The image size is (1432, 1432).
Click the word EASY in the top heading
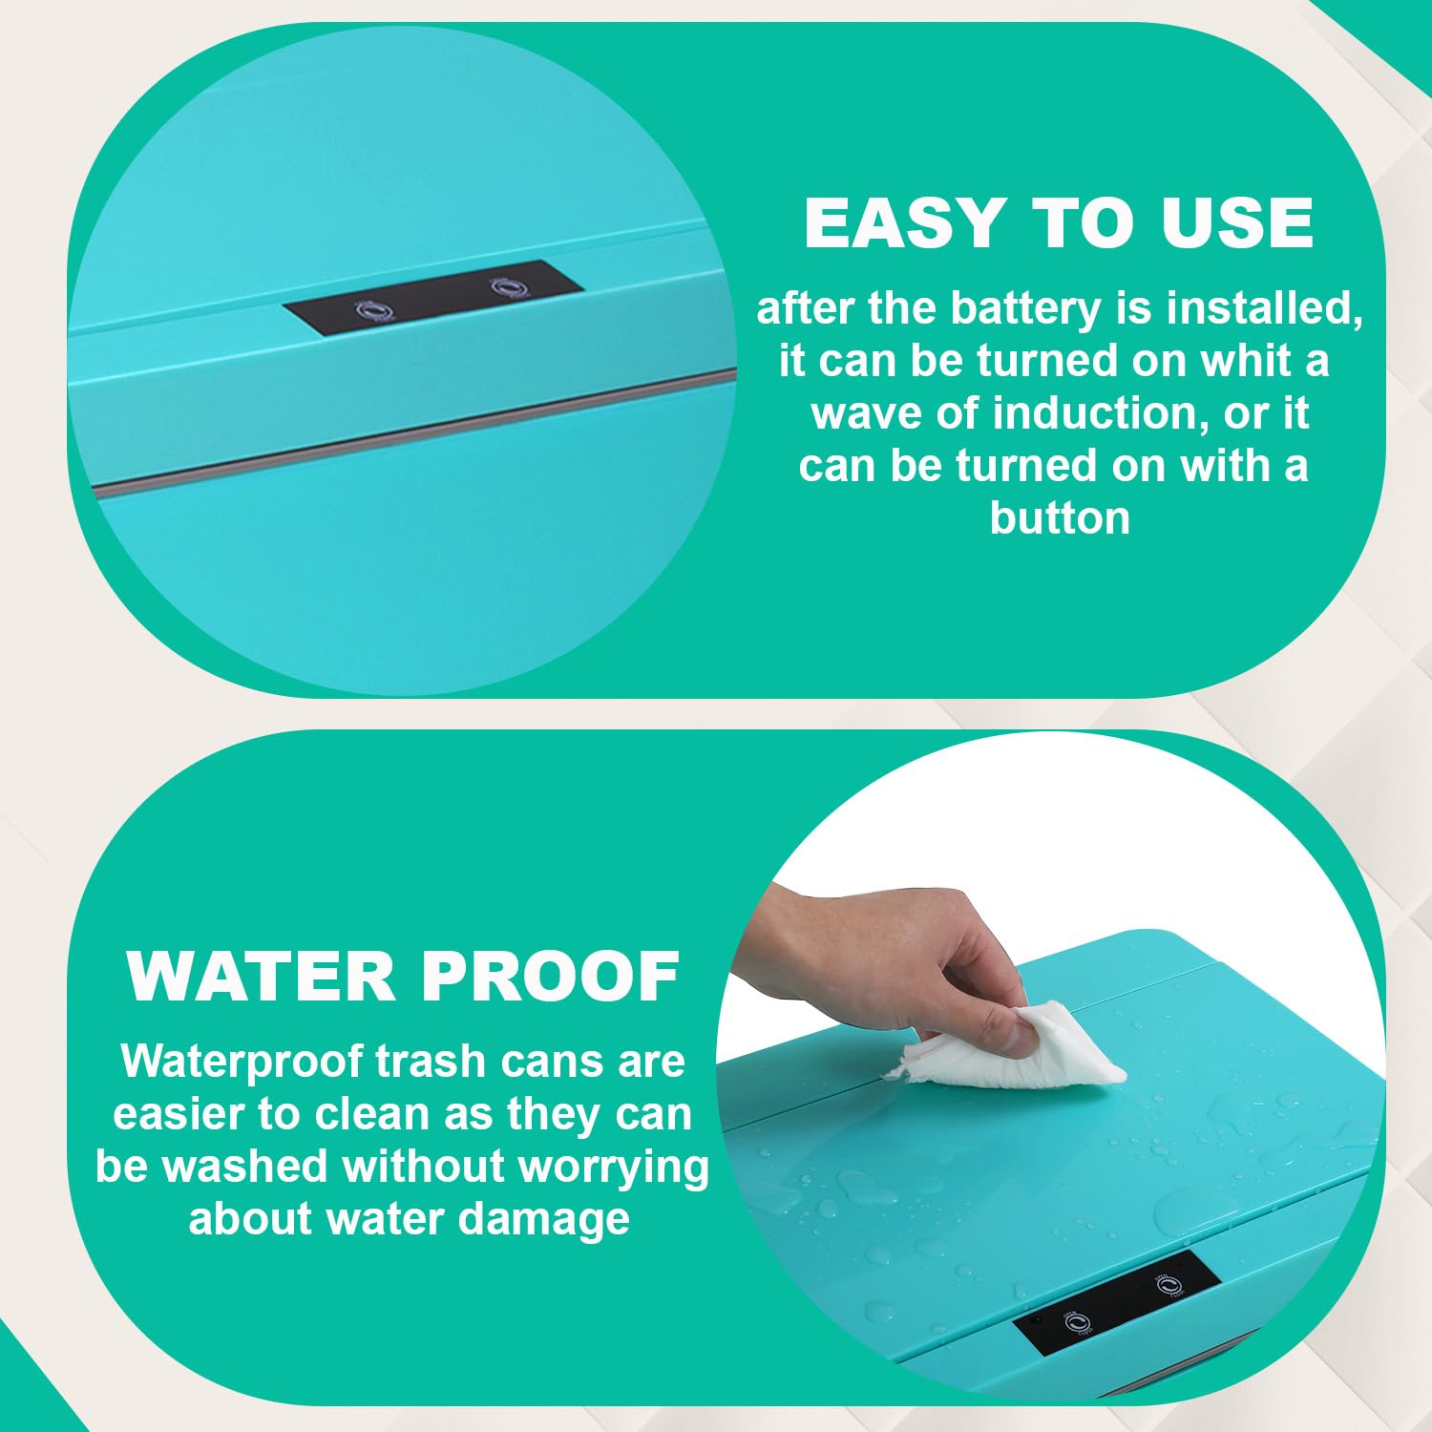click(902, 222)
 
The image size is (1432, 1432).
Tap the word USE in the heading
click(1237, 222)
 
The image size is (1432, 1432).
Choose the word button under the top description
click(1060, 517)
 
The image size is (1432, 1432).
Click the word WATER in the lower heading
click(261, 977)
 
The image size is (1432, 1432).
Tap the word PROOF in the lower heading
click(550, 977)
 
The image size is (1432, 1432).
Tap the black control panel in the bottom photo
click(1116, 1302)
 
